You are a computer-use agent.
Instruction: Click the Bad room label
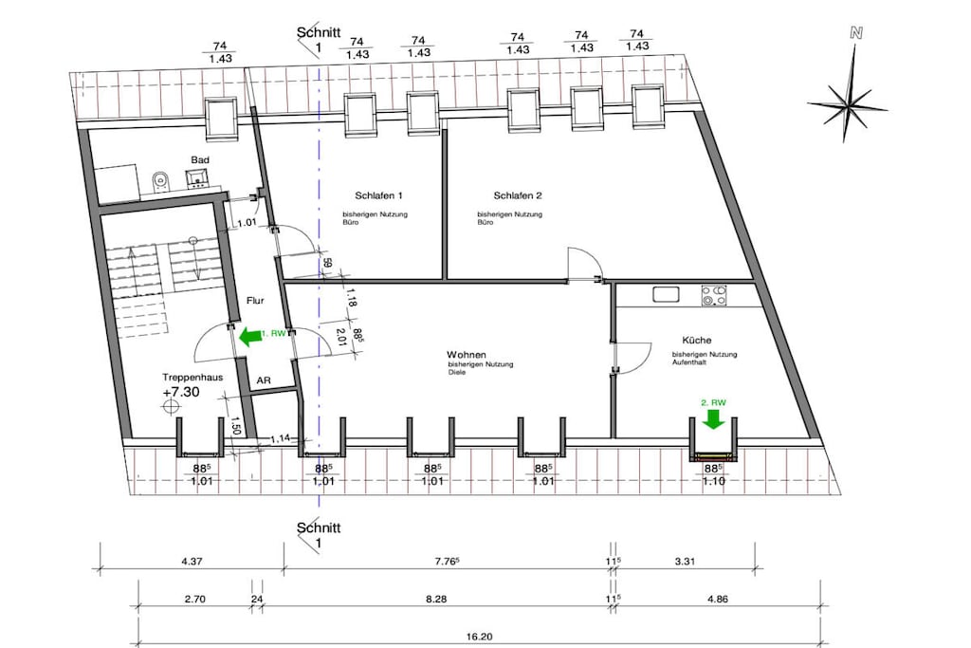[x=200, y=159]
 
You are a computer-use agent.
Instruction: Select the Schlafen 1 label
[x=378, y=195]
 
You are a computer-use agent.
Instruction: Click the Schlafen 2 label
[x=518, y=195]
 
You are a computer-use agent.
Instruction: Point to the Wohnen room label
[x=467, y=355]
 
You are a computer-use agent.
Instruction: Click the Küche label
[x=697, y=340]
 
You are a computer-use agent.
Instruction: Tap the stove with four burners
[x=714, y=295]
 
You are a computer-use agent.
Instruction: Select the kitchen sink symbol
[x=666, y=294]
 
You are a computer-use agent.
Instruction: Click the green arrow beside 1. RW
[x=249, y=337]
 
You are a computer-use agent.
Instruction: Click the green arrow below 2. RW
[x=713, y=419]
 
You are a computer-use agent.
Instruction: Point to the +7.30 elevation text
[x=181, y=392]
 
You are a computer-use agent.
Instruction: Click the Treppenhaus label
[x=192, y=378]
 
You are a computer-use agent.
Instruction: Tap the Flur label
[x=255, y=301]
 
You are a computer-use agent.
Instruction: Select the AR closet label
[x=264, y=380]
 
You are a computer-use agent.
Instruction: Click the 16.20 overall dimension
[x=479, y=637]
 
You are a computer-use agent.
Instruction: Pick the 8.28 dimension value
[x=436, y=599]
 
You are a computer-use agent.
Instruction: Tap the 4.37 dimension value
[x=192, y=562]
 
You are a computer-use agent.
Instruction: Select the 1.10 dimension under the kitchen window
[x=713, y=481]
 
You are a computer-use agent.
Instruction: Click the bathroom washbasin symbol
[x=198, y=178]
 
